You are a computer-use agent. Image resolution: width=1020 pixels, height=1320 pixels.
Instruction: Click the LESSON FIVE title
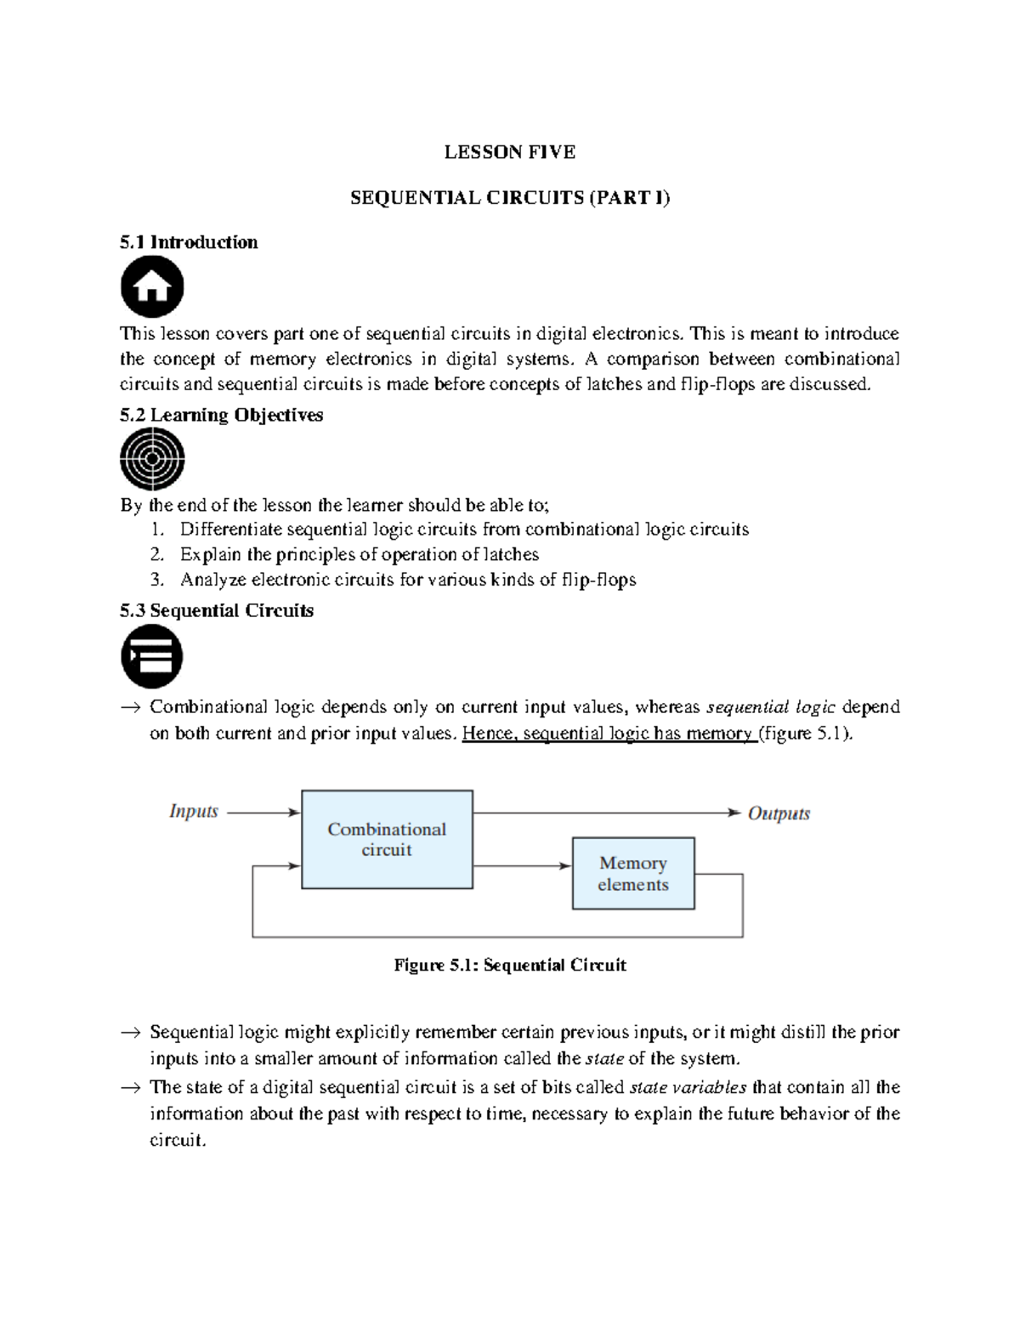pyautogui.click(x=510, y=152)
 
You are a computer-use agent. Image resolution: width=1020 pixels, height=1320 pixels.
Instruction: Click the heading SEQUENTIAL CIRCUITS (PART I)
pyautogui.click(x=510, y=198)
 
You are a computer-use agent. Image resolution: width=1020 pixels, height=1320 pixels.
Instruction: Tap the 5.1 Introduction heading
pyautogui.click(x=189, y=242)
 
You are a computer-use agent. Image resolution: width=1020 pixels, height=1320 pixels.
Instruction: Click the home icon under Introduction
pyautogui.click(x=152, y=287)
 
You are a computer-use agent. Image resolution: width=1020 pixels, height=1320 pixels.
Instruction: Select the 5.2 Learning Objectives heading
pyautogui.click(x=221, y=415)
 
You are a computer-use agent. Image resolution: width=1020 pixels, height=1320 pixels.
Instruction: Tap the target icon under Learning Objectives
pyautogui.click(x=152, y=459)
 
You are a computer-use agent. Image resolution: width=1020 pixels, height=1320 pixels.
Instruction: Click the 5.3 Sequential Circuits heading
pyautogui.click(x=217, y=610)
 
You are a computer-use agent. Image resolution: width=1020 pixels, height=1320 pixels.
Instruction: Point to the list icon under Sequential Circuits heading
pyautogui.click(x=152, y=656)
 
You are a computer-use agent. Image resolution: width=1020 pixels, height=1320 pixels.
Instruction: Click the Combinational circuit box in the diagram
pyautogui.click(x=387, y=839)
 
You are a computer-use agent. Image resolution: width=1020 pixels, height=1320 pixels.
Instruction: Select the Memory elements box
pyautogui.click(x=633, y=873)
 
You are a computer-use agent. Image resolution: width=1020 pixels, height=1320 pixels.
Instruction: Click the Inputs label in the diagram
pyautogui.click(x=194, y=811)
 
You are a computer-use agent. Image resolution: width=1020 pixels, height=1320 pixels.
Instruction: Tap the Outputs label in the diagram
pyautogui.click(x=779, y=813)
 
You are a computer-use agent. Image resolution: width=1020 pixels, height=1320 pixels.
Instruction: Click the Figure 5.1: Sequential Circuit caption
pyautogui.click(x=510, y=965)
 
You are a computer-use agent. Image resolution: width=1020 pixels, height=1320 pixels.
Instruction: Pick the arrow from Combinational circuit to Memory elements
pyautogui.click(x=521, y=865)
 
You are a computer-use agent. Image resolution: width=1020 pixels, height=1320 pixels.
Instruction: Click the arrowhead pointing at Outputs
pyautogui.click(x=734, y=813)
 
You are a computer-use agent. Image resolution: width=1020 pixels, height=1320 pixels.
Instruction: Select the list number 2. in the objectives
pyautogui.click(x=156, y=555)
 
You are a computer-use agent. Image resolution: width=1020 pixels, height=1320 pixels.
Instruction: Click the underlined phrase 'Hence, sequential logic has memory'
pyautogui.click(x=609, y=734)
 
